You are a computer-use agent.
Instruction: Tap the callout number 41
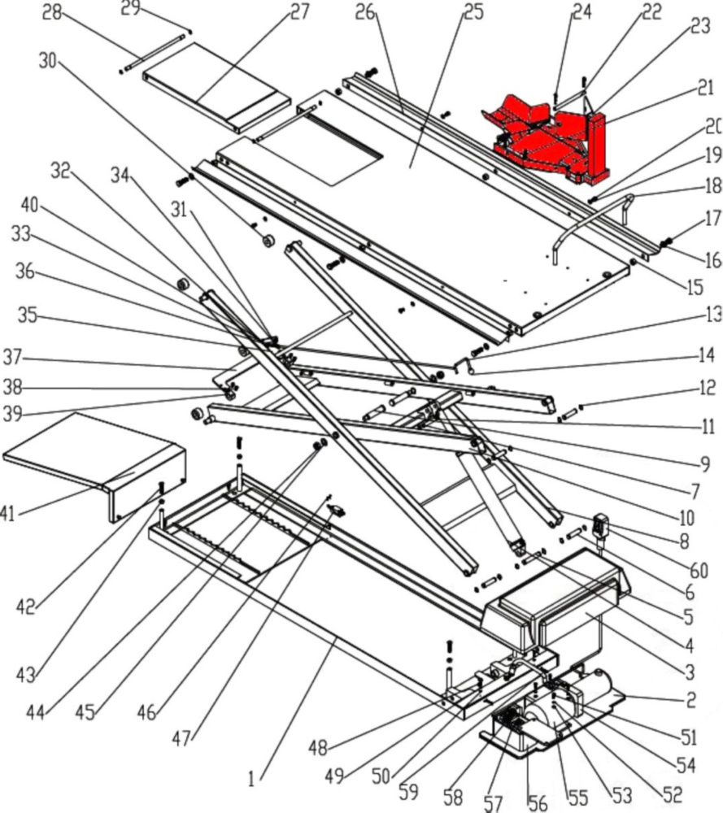coord(7,513)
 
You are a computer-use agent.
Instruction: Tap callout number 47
coord(183,738)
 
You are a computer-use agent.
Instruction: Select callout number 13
coord(712,314)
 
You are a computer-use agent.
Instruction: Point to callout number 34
coord(120,174)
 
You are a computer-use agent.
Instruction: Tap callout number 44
coord(35,713)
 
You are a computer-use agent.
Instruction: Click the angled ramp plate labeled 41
coord(89,455)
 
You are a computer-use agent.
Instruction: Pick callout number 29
coord(130,10)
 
